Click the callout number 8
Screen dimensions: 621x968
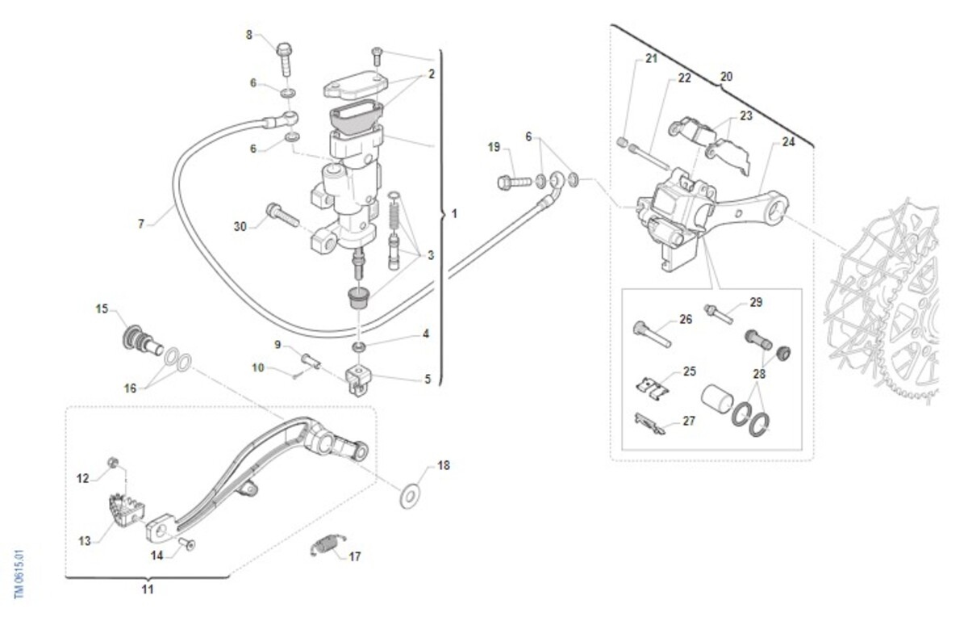249,35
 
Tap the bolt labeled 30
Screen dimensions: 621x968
280,214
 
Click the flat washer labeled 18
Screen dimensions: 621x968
411,492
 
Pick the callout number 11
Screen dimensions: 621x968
148,590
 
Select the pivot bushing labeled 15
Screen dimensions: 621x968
136,337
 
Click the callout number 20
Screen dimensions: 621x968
726,77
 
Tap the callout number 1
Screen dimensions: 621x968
454,215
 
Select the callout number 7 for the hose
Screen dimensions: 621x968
141,224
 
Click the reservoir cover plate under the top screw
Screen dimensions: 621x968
355,85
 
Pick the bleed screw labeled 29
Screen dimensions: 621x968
719,311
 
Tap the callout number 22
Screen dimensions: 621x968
685,78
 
